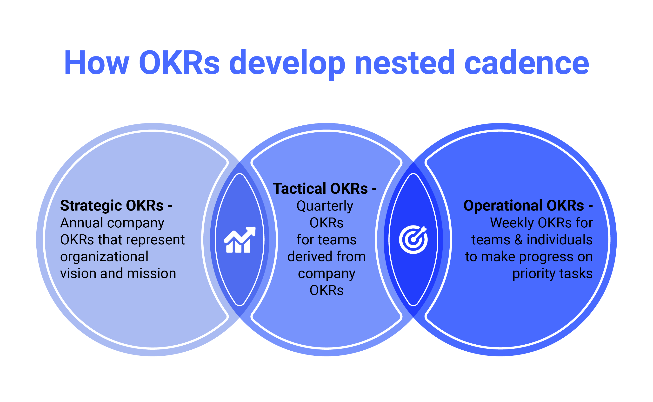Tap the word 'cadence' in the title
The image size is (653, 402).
pos(526,63)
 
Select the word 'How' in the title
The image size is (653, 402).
pos(96,63)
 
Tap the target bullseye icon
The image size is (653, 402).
pos(413,239)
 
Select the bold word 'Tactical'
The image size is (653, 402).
pos(299,189)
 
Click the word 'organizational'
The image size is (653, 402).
pos(104,257)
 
